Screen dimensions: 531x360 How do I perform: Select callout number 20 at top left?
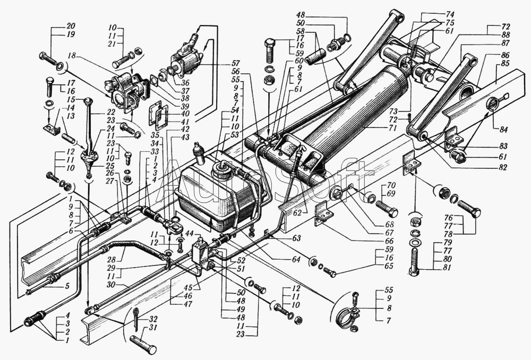[71, 26]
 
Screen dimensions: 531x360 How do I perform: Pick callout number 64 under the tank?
[296, 260]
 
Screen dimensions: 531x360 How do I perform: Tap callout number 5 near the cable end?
[67, 286]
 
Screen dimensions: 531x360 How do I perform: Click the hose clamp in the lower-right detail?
[346, 316]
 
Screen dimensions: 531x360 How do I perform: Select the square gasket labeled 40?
[159, 115]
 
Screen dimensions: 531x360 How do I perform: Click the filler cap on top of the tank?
[220, 168]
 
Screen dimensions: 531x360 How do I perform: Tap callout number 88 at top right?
[506, 35]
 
